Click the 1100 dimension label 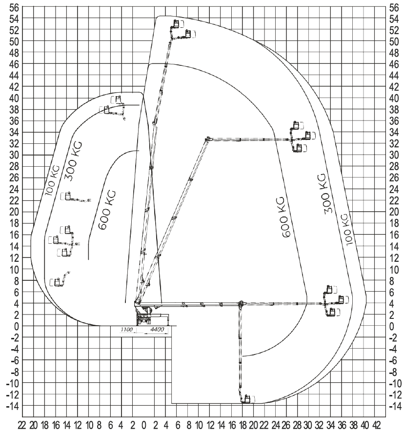[x=126, y=330]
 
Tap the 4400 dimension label [x=157, y=330]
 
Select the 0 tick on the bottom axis [x=143, y=425]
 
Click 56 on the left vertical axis [x=14, y=8]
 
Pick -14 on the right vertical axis [x=394, y=406]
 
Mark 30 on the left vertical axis [x=14, y=155]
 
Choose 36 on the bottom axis [x=342, y=425]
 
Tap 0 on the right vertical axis [x=392, y=327]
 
